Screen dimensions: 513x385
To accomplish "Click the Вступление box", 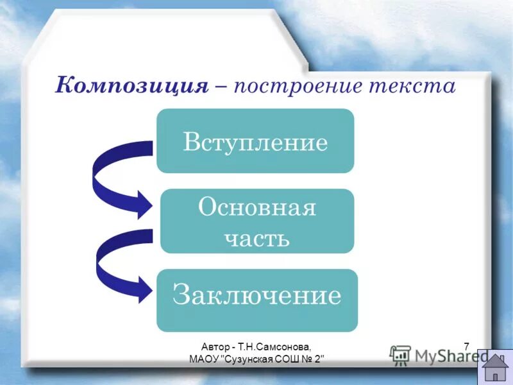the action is coord(255,141).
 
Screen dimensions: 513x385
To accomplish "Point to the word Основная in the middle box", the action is coord(256,207).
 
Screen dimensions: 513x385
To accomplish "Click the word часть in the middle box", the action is coord(256,237).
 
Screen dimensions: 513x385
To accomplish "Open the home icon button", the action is coord(495,367).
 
